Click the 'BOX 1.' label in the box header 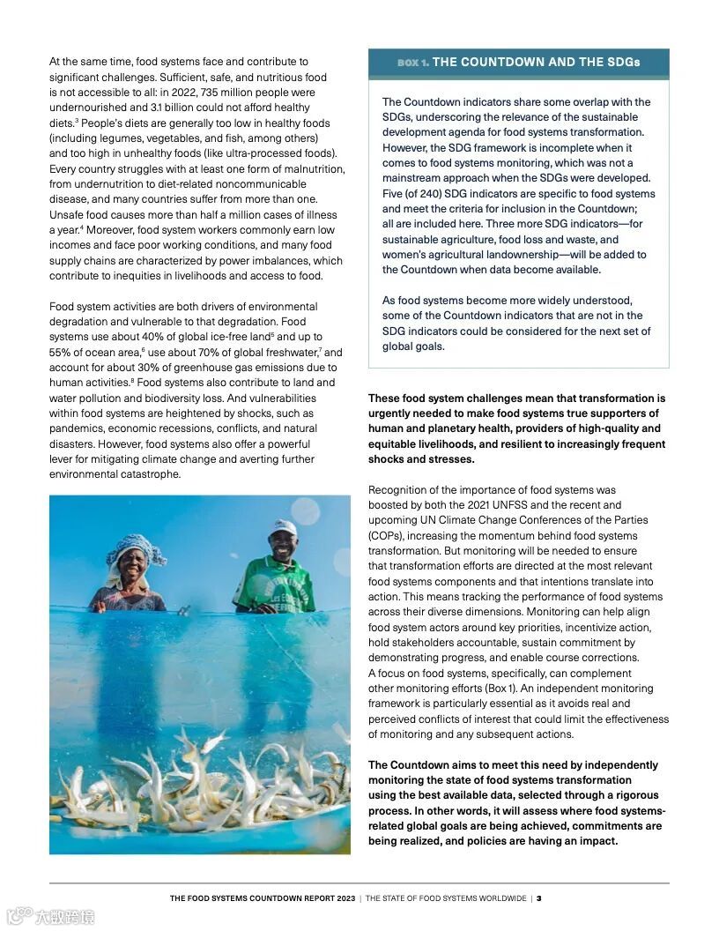pyautogui.click(x=412, y=63)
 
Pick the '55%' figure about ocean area pyautogui.click(x=62, y=353)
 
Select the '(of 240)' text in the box pyautogui.click(x=426, y=194)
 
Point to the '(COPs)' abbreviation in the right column pyautogui.click(x=388, y=536)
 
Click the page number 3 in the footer pyautogui.click(x=538, y=898)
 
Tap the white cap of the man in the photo pyautogui.click(x=283, y=527)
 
